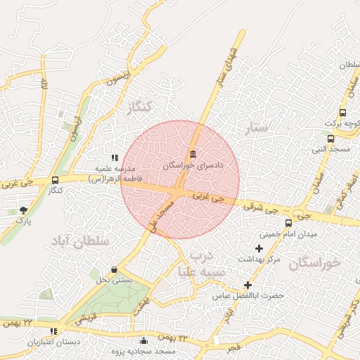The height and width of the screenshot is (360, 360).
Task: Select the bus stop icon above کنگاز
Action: [55, 181]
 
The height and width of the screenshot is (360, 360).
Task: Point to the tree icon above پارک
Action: [24, 210]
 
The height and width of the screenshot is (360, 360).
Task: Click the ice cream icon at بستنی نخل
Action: [115, 269]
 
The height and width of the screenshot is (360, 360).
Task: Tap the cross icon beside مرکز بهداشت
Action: [259, 248]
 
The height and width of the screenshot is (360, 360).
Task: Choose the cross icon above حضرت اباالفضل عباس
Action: [247, 285]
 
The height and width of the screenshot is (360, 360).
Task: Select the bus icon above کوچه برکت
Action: [342, 112]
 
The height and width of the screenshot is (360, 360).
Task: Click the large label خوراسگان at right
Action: [314, 263]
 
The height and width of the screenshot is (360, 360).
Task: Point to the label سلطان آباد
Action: [80, 240]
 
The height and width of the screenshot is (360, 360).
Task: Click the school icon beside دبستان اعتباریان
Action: [54, 331]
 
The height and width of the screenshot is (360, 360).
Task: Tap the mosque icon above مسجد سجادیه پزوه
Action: [144, 341]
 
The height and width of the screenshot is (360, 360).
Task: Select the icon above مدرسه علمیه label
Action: [115, 157]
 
